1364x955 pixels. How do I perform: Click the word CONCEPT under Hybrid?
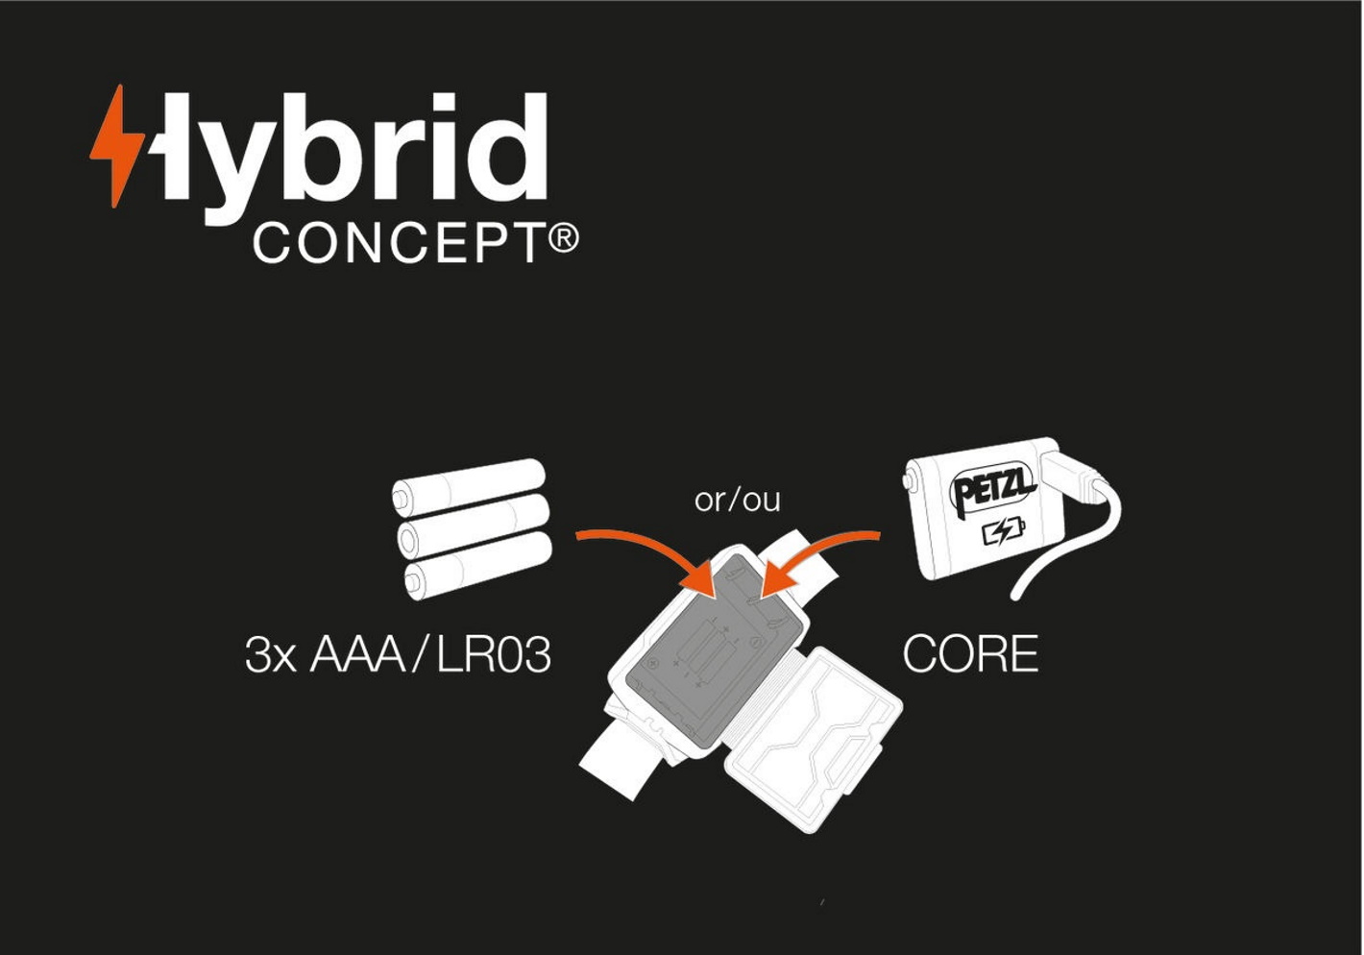[x=400, y=243]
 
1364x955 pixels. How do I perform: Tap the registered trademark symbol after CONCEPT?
[x=564, y=237]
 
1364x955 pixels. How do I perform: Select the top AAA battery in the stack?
[x=468, y=488]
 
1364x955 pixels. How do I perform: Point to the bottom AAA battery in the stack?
[x=478, y=565]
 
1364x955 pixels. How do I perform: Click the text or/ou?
[x=737, y=500]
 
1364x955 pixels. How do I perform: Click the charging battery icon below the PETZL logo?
[x=1004, y=531]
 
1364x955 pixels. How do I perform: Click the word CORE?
[x=970, y=654]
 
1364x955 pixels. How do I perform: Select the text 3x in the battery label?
[x=271, y=655]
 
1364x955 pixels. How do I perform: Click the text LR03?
[x=494, y=655]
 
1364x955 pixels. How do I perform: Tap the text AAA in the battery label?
[x=357, y=654]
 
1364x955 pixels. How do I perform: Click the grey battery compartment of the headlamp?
[x=713, y=651]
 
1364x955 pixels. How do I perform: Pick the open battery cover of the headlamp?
[x=814, y=740]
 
